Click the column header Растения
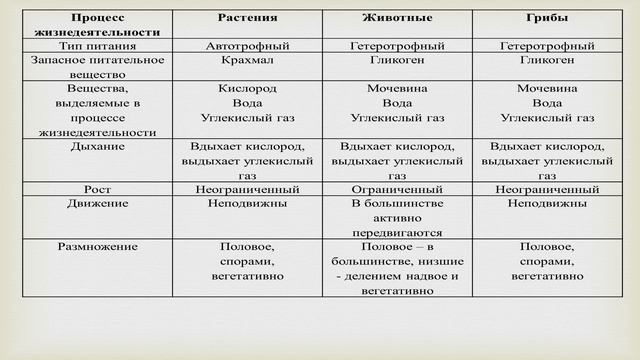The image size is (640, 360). [248, 19]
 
